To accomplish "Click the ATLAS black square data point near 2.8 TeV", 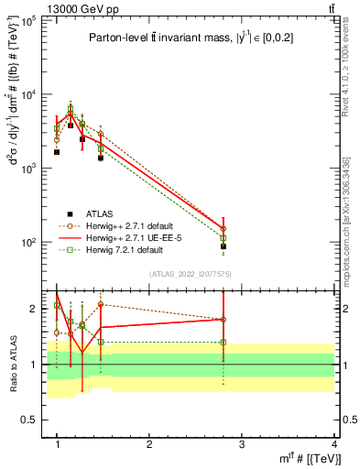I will (x=224, y=246).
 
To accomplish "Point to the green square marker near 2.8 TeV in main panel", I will (x=224, y=238).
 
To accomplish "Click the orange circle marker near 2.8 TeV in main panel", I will (x=224, y=229).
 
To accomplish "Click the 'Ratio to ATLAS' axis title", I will (x=12, y=364).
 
